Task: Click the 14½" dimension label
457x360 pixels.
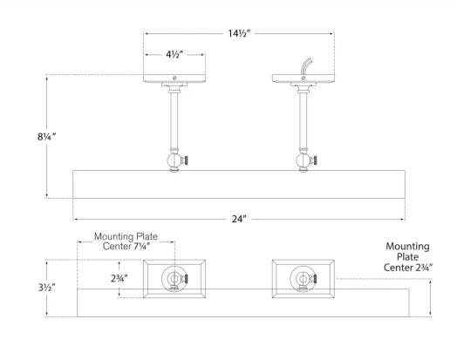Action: [239, 33]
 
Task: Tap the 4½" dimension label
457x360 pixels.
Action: [174, 54]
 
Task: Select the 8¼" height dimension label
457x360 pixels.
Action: [46, 136]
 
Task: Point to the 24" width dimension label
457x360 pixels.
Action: [239, 219]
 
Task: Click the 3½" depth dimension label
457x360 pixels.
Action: [47, 288]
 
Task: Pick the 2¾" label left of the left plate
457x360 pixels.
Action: [119, 278]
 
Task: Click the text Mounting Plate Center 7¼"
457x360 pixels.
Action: [126, 241]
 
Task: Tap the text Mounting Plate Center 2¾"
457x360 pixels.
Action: [407, 257]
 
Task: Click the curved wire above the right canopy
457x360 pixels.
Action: [306, 66]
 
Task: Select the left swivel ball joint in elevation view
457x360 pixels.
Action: [174, 160]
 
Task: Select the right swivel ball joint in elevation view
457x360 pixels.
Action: [304, 160]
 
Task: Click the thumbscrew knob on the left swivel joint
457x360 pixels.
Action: [185, 160]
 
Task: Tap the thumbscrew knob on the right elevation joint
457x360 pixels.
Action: [314, 160]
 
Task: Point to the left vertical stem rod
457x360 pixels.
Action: [174, 121]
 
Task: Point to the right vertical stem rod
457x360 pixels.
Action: [304, 121]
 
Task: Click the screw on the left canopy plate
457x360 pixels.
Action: [174, 78]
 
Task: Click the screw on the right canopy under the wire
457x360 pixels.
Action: [304, 78]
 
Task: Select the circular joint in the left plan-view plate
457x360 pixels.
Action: [174, 279]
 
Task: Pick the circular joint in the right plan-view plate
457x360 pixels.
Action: [303, 279]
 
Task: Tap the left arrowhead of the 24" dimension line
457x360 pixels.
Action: [75, 219]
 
